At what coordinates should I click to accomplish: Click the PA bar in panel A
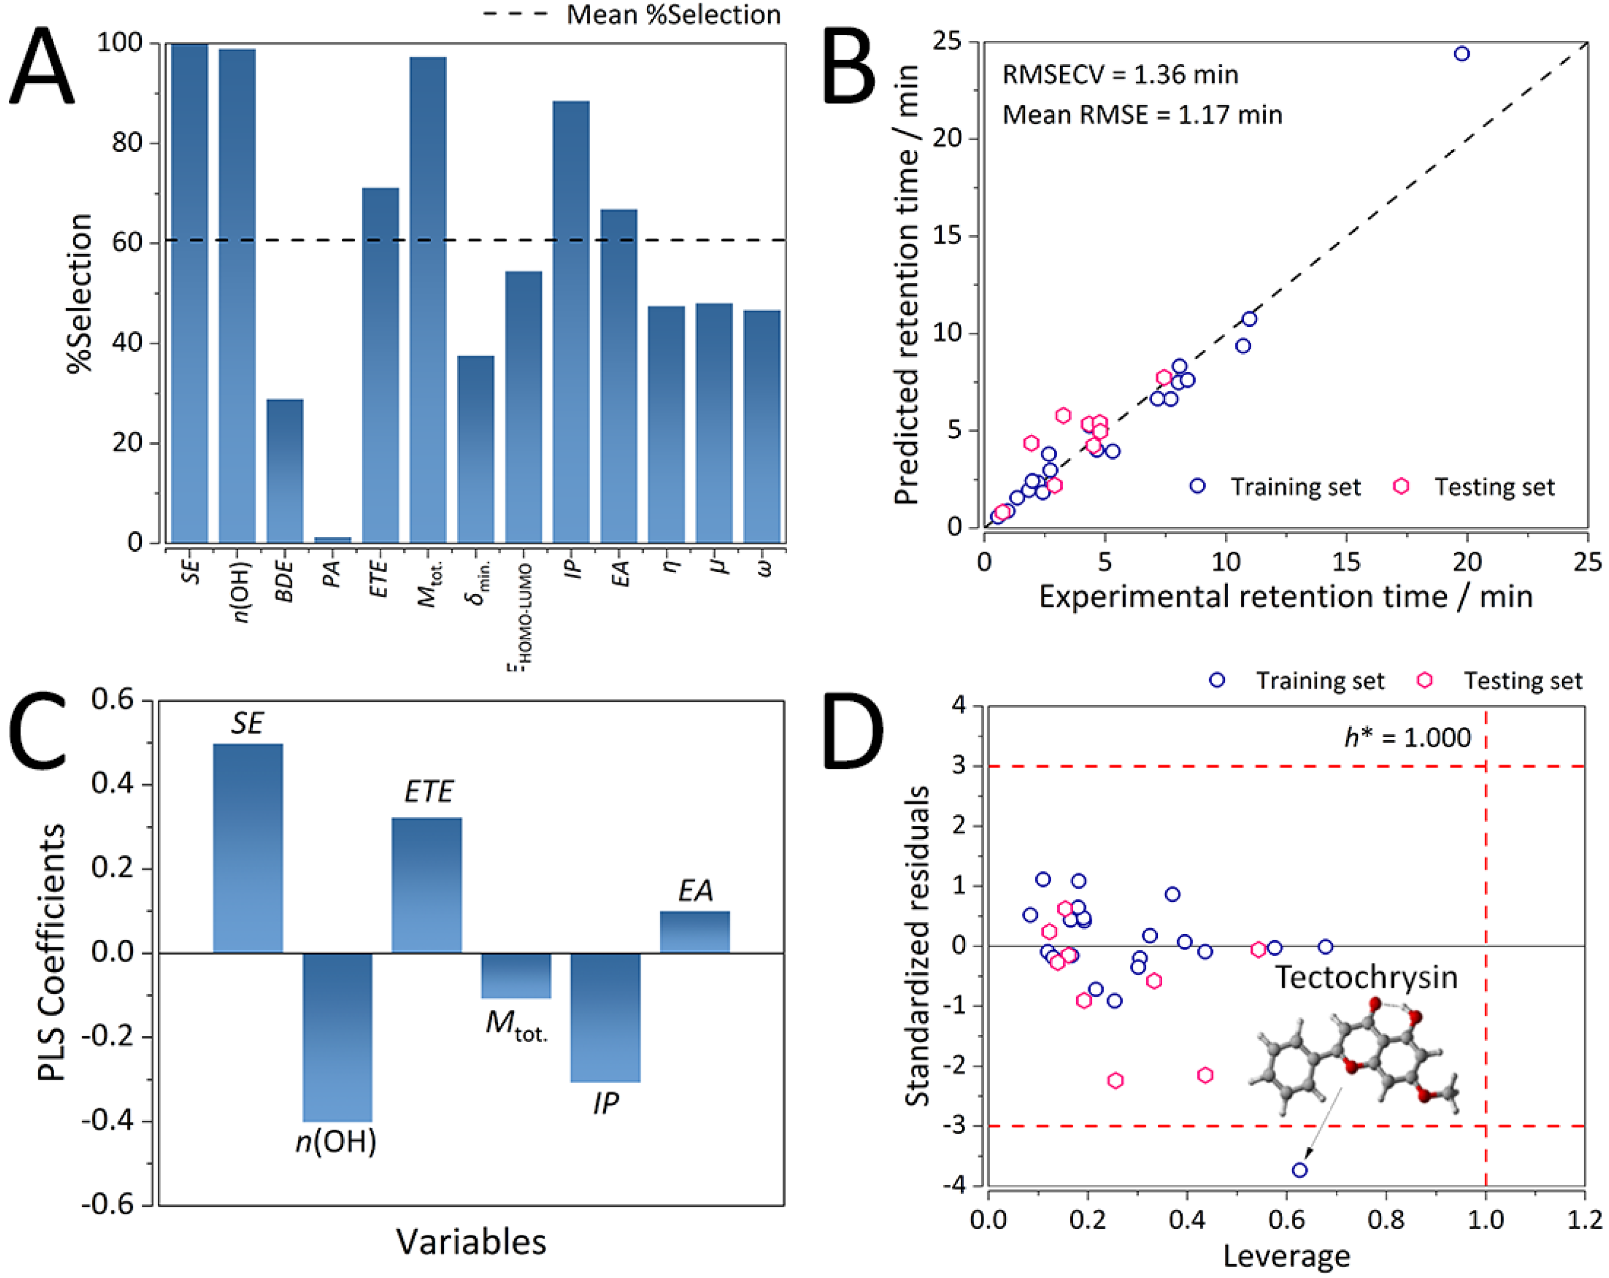click(x=332, y=539)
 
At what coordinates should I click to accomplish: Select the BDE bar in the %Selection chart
click(x=285, y=470)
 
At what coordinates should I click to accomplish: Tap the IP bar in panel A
click(x=571, y=321)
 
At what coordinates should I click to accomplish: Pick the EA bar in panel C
click(x=694, y=931)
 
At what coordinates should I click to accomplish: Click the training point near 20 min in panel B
click(x=1461, y=54)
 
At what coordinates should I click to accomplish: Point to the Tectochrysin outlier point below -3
click(x=1300, y=1170)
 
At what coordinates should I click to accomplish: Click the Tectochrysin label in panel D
click(x=1365, y=978)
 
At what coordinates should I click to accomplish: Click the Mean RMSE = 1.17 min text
click(x=1142, y=115)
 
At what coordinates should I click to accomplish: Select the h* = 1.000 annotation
click(x=1407, y=738)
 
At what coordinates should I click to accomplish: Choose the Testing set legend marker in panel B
click(x=1401, y=487)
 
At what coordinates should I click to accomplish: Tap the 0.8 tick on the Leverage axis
click(x=1386, y=1220)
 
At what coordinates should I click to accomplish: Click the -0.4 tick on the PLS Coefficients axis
click(x=112, y=1121)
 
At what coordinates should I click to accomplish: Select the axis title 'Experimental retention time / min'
click(x=1285, y=597)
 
